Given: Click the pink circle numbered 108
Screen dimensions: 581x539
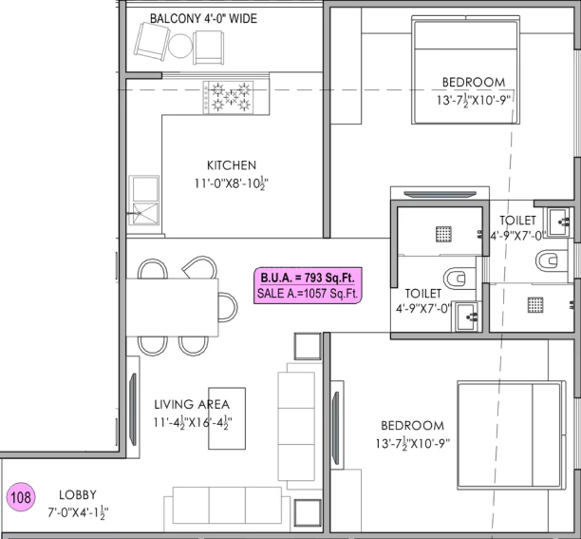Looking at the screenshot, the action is [x=21, y=497].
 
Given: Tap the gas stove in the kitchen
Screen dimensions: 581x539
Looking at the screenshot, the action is [x=228, y=97].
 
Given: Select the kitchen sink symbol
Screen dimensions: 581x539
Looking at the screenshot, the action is [x=143, y=201].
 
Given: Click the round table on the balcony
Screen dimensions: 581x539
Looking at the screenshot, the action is [x=180, y=46].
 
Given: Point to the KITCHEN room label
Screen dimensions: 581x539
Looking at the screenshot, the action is [x=232, y=165].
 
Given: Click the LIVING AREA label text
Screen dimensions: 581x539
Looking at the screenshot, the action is [x=192, y=404].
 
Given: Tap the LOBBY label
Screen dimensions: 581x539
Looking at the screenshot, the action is [x=78, y=495].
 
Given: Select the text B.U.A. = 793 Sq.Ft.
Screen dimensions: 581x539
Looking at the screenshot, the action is [x=308, y=278].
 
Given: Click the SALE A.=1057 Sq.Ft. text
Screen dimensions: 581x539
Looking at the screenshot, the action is [x=308, y=294].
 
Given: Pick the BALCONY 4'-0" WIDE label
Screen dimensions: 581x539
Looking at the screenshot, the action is [x=203, y=19].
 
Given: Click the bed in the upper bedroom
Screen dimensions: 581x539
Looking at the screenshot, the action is [x=466, y=70].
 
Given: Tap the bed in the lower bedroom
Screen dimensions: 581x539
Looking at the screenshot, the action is [x=512, y=435].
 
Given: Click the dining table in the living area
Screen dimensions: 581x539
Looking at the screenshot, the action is [x=172, y=307].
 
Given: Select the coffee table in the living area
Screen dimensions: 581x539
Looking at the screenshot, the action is [x=227, y=418].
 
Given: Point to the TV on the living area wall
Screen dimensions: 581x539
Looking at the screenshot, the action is [x=133, y=409].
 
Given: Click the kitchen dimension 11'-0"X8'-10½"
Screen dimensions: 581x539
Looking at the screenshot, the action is [x=232, y=183].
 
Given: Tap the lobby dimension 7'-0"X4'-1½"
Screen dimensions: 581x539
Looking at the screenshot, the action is [x=78, y=513].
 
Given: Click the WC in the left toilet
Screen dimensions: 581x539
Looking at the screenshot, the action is [x=455, y=279].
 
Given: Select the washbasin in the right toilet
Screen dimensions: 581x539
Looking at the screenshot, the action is [x=558, y=222].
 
